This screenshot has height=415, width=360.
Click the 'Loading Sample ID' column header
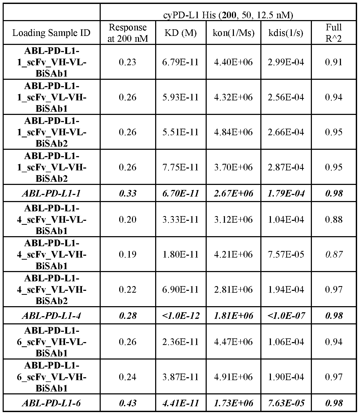(x=51, y=33)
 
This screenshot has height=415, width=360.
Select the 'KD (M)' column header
(x=181, y=33)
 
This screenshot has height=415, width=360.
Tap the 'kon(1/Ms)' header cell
(x=233, y=33)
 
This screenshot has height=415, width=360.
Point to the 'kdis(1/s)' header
(x=286, y=33)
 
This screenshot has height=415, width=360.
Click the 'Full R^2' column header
(x=334, y=33)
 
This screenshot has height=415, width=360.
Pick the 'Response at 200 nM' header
(x=128, y=33)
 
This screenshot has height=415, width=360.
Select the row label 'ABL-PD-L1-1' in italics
(x=51, y=193)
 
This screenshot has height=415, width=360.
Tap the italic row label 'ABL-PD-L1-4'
(x=51, y=315)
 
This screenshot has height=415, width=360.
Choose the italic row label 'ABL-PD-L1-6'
(x=51, y=403)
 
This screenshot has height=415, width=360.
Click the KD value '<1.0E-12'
(x=181, y=315)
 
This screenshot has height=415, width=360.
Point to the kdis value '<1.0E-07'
(x=286, y=315)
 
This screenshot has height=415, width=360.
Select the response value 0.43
(x=128, y=403)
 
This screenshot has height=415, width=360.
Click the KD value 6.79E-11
(x=181, y=62)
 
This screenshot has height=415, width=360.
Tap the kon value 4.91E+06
(x=233, y=377)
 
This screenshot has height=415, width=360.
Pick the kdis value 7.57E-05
(x=286, y=254)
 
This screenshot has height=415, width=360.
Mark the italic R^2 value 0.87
(x=334, y=254)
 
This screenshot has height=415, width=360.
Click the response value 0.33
(x=128, y=193)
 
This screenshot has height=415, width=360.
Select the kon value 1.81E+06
(x=233, y=315)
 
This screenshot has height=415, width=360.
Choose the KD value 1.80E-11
(x=181, y=254)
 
